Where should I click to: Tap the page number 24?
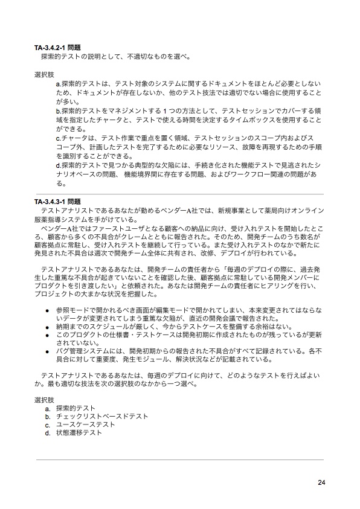coord(321,481)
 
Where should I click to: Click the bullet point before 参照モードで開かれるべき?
coord(47,309)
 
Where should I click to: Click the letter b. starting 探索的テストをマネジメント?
coord(58,112)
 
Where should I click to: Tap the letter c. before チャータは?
coord(58,138)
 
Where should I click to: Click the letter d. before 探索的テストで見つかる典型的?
coord(58,164)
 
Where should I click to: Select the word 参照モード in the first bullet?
coord(71,309)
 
